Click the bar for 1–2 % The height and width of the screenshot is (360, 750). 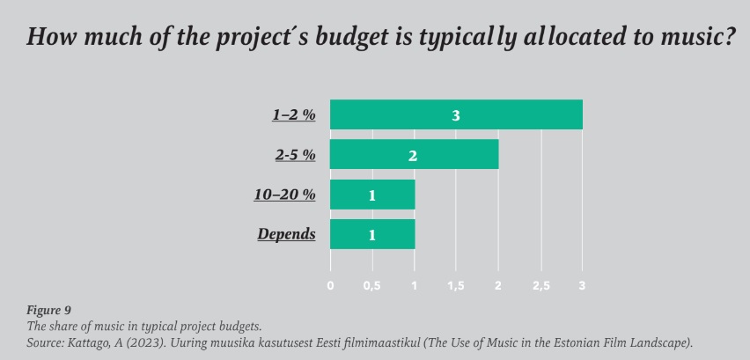tap(456, 115)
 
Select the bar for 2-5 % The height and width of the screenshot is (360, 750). tap(414, 155)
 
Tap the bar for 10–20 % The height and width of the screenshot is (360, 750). tap(371, 195)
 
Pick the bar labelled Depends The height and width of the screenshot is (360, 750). tap(371, 234)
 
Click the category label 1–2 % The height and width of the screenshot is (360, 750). tap(293, 115)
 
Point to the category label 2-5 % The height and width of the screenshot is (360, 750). tap(294, 155)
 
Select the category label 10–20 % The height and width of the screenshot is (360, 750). tap(285, 195)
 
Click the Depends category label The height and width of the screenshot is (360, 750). tap(286, 234)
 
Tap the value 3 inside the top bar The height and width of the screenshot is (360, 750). tap(456, 115)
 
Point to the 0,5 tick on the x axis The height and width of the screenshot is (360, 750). tap(372, 286)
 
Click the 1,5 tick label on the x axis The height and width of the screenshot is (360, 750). tap(456, 286)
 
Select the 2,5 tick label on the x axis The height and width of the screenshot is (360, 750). tap(540, 286)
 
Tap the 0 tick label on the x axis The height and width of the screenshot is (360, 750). tap(330, 286)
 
